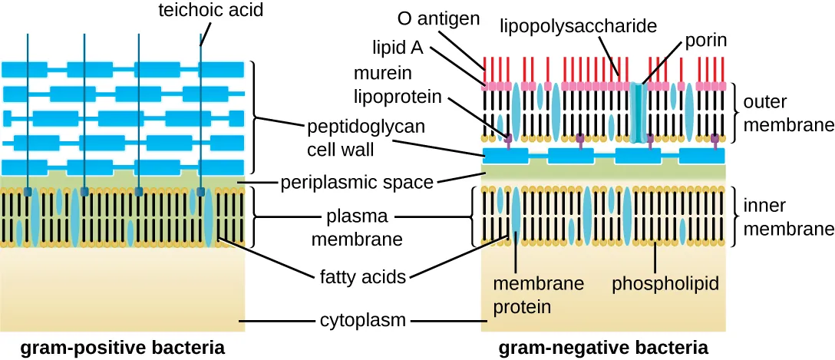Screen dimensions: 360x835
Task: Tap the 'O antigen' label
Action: [439, 17]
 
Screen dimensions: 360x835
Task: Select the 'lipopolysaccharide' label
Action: [579, 27]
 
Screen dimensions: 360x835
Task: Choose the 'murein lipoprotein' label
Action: [398, 85]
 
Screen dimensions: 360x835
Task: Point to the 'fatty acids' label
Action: [362, 276]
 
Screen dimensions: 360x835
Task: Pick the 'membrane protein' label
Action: [537, 295]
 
